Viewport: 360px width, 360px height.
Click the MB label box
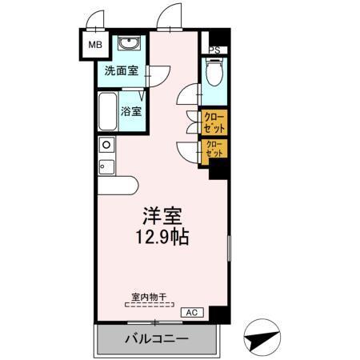(94, 45)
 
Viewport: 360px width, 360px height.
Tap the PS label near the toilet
(214, 50)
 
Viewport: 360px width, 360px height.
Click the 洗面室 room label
(122, 70)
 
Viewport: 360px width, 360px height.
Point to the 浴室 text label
(133, 111)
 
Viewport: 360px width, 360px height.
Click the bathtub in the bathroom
(107, 113)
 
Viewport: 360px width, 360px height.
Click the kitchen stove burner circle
(106, 145)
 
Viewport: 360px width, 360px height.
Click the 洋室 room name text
(162, 215)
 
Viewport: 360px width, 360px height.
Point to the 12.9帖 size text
(162, 238)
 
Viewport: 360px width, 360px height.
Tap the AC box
(192, 312)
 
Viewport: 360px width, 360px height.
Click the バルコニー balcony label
(156, 339)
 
